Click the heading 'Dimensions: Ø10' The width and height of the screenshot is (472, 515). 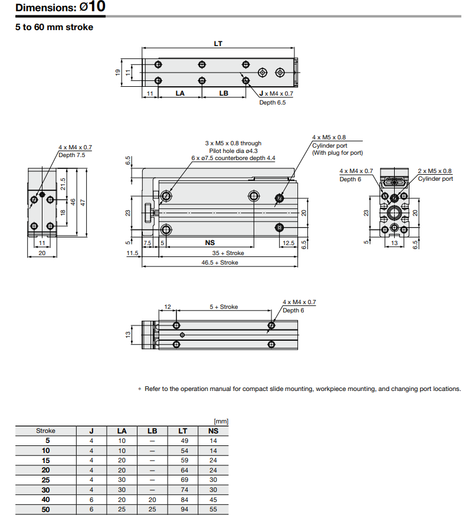point(60,8)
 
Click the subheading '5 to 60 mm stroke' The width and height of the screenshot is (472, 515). point(54,27)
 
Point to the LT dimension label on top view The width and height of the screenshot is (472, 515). point(218,44)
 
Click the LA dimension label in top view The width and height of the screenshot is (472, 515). point(180,93)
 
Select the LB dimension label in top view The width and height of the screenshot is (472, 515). point(224,93)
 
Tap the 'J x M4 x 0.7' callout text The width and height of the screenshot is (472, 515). point(276,94)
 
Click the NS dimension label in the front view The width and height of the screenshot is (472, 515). point(209,242)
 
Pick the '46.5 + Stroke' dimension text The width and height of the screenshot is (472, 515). point(219,262)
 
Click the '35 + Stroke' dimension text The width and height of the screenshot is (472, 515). point(228,253)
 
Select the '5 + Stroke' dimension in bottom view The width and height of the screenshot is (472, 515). point(224,307)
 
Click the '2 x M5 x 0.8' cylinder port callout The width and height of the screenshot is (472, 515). point(434,171)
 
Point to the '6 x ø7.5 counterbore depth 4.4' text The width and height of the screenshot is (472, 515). point(233,158)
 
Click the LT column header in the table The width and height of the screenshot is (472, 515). point(183,431)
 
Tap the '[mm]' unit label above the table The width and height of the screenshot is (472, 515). point(221,421)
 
